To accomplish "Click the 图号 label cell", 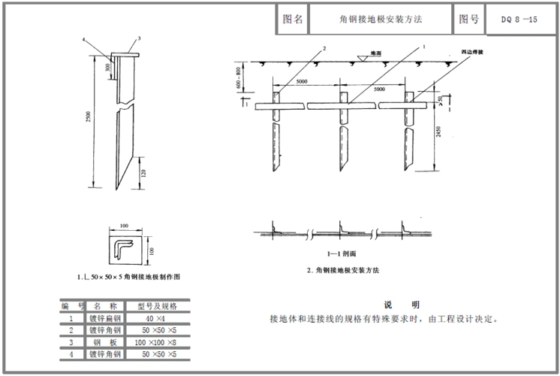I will point(468,20).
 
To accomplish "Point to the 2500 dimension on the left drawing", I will point(89,121).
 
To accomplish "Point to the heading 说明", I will point(401,304).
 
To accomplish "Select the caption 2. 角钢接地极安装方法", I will point(343,268).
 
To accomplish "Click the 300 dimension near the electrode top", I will point(107,67).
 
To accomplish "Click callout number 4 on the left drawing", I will point(83,40).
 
